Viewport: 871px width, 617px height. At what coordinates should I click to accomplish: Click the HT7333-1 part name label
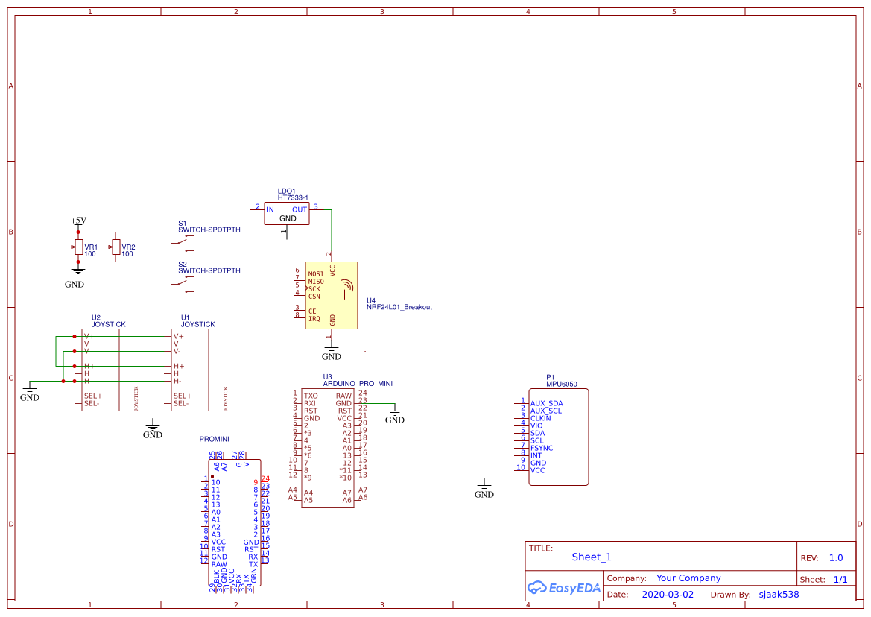tap(293, 198)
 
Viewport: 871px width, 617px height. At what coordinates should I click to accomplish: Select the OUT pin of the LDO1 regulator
tap(299, 210)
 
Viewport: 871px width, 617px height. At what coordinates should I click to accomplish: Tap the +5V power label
tap(78, 221)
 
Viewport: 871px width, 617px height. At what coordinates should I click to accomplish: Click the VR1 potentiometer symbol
tap(77, 247)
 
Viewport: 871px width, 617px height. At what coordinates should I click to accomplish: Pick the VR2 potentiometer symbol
tap(115, 247)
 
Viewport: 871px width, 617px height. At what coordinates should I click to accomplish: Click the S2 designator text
tap(183, 264)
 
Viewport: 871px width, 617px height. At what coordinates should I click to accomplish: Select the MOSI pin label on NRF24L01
tap(316, 273)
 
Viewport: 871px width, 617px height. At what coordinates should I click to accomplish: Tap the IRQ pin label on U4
tap(314, 319)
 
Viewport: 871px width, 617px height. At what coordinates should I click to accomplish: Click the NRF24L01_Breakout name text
tap(399, 307)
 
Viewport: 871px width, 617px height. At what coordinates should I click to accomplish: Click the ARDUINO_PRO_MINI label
tap(357, 383)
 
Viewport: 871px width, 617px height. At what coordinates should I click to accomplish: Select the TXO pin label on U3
tap(311, 396)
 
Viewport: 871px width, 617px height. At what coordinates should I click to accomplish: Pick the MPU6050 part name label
tap(562, 385)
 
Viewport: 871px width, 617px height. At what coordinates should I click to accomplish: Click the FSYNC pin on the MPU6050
tap(542, 448)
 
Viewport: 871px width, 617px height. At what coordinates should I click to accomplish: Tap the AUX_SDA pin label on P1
tap(546, 403)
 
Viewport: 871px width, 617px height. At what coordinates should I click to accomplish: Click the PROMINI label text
tap(215, 439)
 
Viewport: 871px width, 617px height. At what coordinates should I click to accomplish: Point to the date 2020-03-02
tap(668, 595)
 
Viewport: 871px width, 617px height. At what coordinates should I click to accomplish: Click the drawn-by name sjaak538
tap(779, 595)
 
